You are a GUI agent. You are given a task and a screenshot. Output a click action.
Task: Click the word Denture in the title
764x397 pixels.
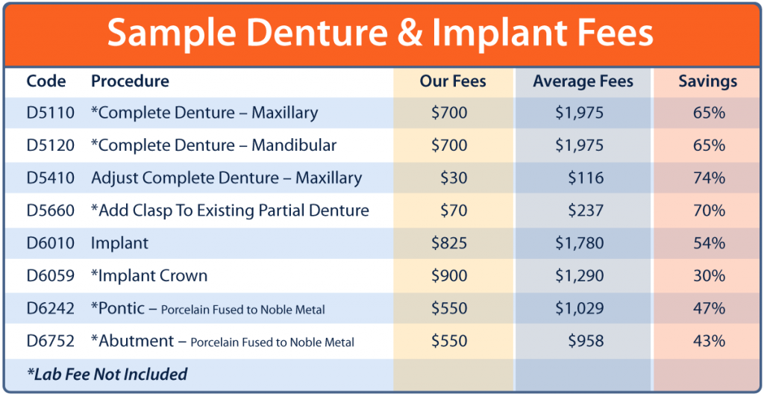317,33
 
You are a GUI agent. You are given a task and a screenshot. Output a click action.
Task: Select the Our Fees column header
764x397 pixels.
453,81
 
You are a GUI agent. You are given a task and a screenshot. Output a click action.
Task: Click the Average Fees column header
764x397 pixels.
583,81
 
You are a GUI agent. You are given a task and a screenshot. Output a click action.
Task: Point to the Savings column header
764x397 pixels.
708,81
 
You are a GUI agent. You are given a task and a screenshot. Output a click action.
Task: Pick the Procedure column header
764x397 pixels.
130,81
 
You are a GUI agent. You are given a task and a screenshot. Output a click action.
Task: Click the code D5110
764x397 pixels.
51,113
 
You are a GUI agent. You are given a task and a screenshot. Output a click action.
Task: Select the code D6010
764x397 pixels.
51,243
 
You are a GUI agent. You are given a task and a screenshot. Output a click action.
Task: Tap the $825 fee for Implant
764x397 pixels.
449,243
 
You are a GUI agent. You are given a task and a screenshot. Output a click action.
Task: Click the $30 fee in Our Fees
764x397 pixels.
454,178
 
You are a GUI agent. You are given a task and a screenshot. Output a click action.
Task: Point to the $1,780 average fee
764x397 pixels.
579,243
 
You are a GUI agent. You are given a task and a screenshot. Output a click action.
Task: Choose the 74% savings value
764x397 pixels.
710,178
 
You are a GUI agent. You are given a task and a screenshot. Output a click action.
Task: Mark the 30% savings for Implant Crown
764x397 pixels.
710,275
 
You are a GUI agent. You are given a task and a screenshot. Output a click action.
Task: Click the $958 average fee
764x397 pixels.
586,341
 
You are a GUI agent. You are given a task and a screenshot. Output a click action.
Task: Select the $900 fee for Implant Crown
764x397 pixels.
449,275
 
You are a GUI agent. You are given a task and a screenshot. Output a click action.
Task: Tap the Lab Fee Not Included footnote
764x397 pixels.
107,374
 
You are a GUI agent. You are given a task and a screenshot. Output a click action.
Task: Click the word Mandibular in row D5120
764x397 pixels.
294,146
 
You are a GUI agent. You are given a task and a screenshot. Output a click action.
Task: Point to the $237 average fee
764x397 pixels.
586,210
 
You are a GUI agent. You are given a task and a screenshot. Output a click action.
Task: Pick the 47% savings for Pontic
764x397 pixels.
710,308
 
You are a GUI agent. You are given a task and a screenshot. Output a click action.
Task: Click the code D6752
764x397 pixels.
51,341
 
